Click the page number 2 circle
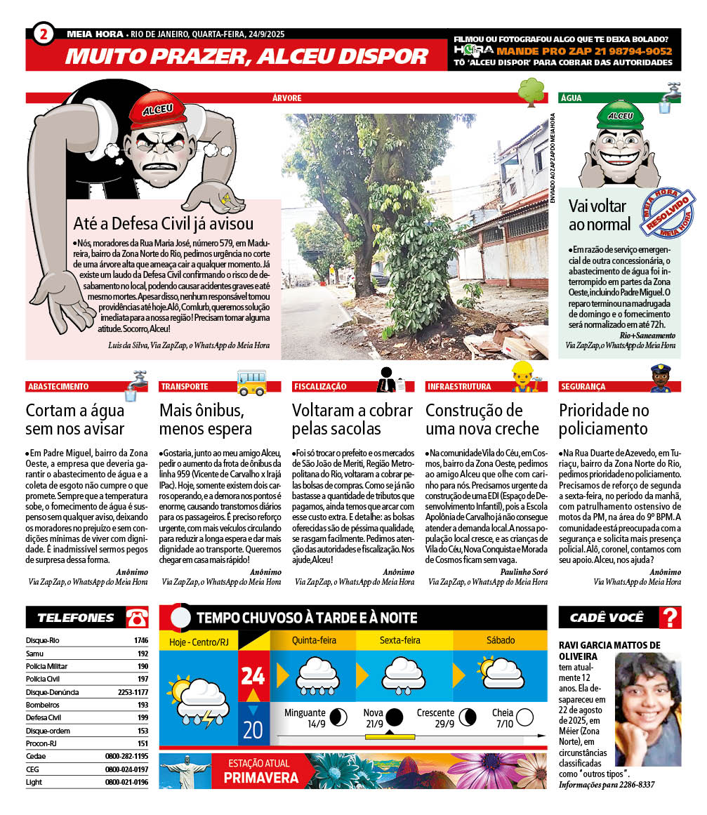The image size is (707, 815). click(44, 33)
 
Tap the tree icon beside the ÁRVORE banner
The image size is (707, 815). click(531, 91)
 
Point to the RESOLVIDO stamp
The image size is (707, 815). click(667, 213)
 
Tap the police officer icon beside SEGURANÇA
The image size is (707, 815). click(660, 379)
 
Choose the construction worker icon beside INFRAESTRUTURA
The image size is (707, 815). click(522, 378)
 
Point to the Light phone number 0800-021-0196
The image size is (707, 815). click(126, 782)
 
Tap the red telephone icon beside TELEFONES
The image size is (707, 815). click(137, 618)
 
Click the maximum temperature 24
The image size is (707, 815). click(253, 675)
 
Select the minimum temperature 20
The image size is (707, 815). click(253, 730)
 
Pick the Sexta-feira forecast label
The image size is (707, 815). click(399, 640)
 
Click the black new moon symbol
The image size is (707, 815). click(395, 717)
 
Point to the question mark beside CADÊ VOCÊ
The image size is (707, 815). click(671, 618)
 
